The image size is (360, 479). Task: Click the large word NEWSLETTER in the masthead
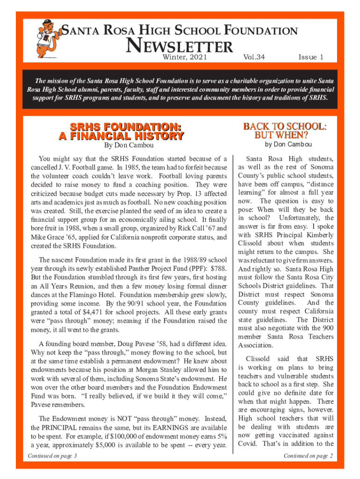tap(180, 47)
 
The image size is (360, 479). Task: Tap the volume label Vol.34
tap(254, 57)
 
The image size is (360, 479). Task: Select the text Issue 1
tap(310, 57)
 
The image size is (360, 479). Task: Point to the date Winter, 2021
tap(184, 58)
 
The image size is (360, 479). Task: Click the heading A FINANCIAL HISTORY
tap(121, 136)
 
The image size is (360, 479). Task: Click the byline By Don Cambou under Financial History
tap(121, 146)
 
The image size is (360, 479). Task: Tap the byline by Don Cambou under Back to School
tap(288, 145)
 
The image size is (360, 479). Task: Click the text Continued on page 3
tap(52, 455)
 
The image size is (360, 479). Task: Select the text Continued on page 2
tap(308, 456)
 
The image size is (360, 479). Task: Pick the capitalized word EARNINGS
tap(161, 428)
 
